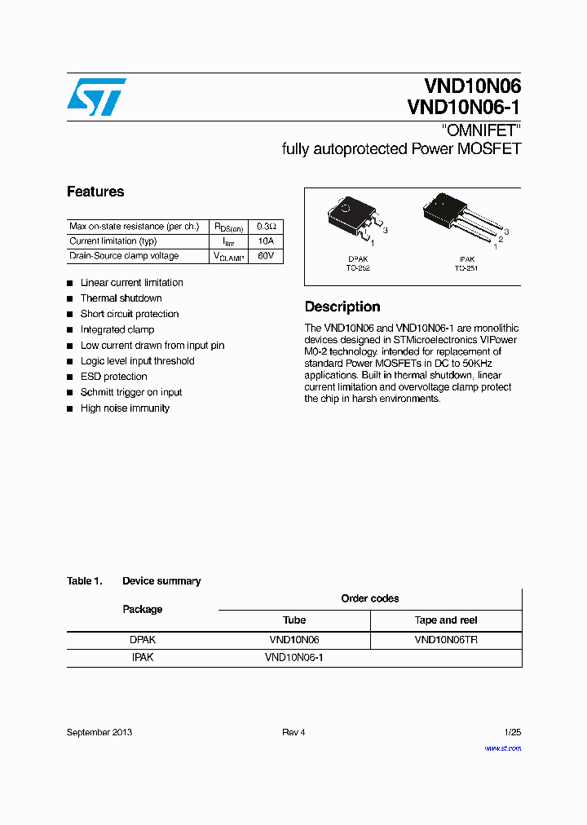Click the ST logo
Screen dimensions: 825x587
96,97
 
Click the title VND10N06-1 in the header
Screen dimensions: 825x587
461,108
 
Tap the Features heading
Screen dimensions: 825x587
95,192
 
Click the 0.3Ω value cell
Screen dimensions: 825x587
267,226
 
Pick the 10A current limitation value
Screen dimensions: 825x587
267,241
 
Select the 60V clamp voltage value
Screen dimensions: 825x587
267,256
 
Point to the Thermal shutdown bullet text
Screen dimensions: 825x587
121,298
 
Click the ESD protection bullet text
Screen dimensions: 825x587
113,377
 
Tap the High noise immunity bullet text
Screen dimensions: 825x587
125,408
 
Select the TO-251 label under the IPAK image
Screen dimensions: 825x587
466,268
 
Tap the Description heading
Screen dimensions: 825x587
342,307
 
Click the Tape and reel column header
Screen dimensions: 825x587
446,620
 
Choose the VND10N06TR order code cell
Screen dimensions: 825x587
446,641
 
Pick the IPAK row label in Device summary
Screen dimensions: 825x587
142,657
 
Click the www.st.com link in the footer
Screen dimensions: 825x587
503,748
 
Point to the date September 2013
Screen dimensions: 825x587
99,732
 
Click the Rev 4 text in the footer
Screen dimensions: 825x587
293,732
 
